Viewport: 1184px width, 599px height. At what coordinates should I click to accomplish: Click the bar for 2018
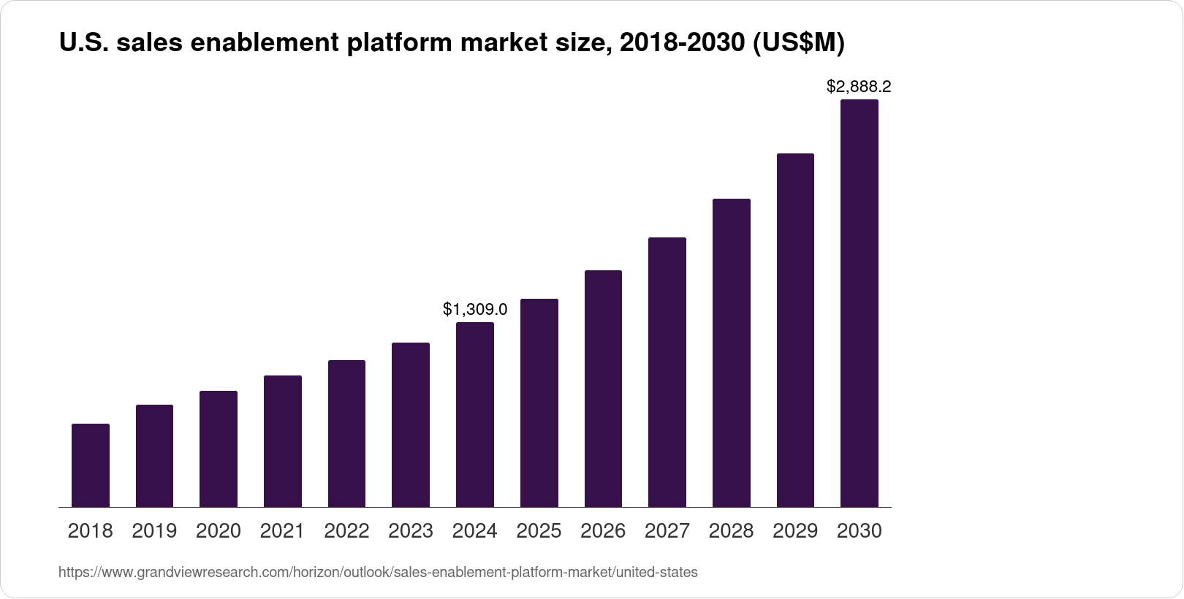(x=91, y=465)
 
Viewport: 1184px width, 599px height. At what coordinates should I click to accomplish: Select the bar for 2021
(x=283, y=441)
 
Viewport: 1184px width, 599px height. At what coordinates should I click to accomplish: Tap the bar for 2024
(x=475, y=414)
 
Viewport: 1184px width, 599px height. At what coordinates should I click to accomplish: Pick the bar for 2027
(x=667, y=372)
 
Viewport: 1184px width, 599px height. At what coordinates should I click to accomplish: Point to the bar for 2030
(x=859, y=303)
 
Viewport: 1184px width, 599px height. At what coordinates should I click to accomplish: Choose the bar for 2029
(x=795, y=330)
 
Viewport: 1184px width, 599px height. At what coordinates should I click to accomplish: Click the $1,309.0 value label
(x=475, y=310)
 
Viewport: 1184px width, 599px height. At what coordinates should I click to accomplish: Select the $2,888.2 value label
(x=859, y=87)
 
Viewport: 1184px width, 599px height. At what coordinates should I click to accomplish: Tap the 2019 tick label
(x=154, y=531)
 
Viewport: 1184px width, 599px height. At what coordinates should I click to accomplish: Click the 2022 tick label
(x=346, y=531)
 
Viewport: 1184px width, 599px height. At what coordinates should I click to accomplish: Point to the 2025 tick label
(x=539, y=531)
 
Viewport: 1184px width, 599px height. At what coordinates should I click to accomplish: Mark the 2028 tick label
(x=731, y=531)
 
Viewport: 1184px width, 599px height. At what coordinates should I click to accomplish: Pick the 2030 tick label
(x=859, y=531)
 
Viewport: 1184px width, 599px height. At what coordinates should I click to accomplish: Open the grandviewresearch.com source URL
(x=378, y=573)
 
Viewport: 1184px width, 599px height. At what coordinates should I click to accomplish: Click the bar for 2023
(x=411, y=424)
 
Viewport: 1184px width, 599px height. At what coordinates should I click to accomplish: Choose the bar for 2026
(x=603, y=389)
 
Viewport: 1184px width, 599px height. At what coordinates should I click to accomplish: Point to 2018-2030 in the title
(x=683, y=45)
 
